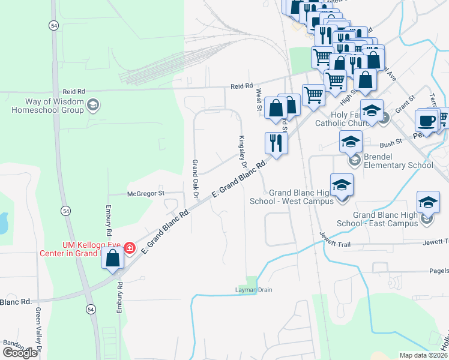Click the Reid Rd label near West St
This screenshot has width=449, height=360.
point(242,86)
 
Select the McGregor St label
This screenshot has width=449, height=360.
point(145,193)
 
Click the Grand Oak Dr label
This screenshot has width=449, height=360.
point(194,178)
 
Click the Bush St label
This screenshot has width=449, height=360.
point(390,145)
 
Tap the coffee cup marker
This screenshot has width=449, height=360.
point(427,120)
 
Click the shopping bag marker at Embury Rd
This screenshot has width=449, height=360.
point(112,258)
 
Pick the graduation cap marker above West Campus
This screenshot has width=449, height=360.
point(342,185)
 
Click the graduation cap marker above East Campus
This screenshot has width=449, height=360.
point(428,202)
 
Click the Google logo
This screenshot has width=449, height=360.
point(20,353)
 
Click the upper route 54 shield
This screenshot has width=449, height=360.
point(53,25)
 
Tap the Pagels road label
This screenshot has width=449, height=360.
point(438,271)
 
